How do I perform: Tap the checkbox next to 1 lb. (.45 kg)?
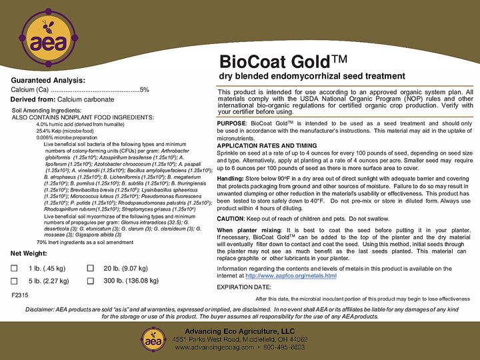(x=15, y=268)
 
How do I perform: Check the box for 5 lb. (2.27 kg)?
(x=15, y=281)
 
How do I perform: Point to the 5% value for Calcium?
(x=145, y=89)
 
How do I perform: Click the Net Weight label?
(x=29, y=254)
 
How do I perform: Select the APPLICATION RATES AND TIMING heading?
(x=267, y=145)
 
